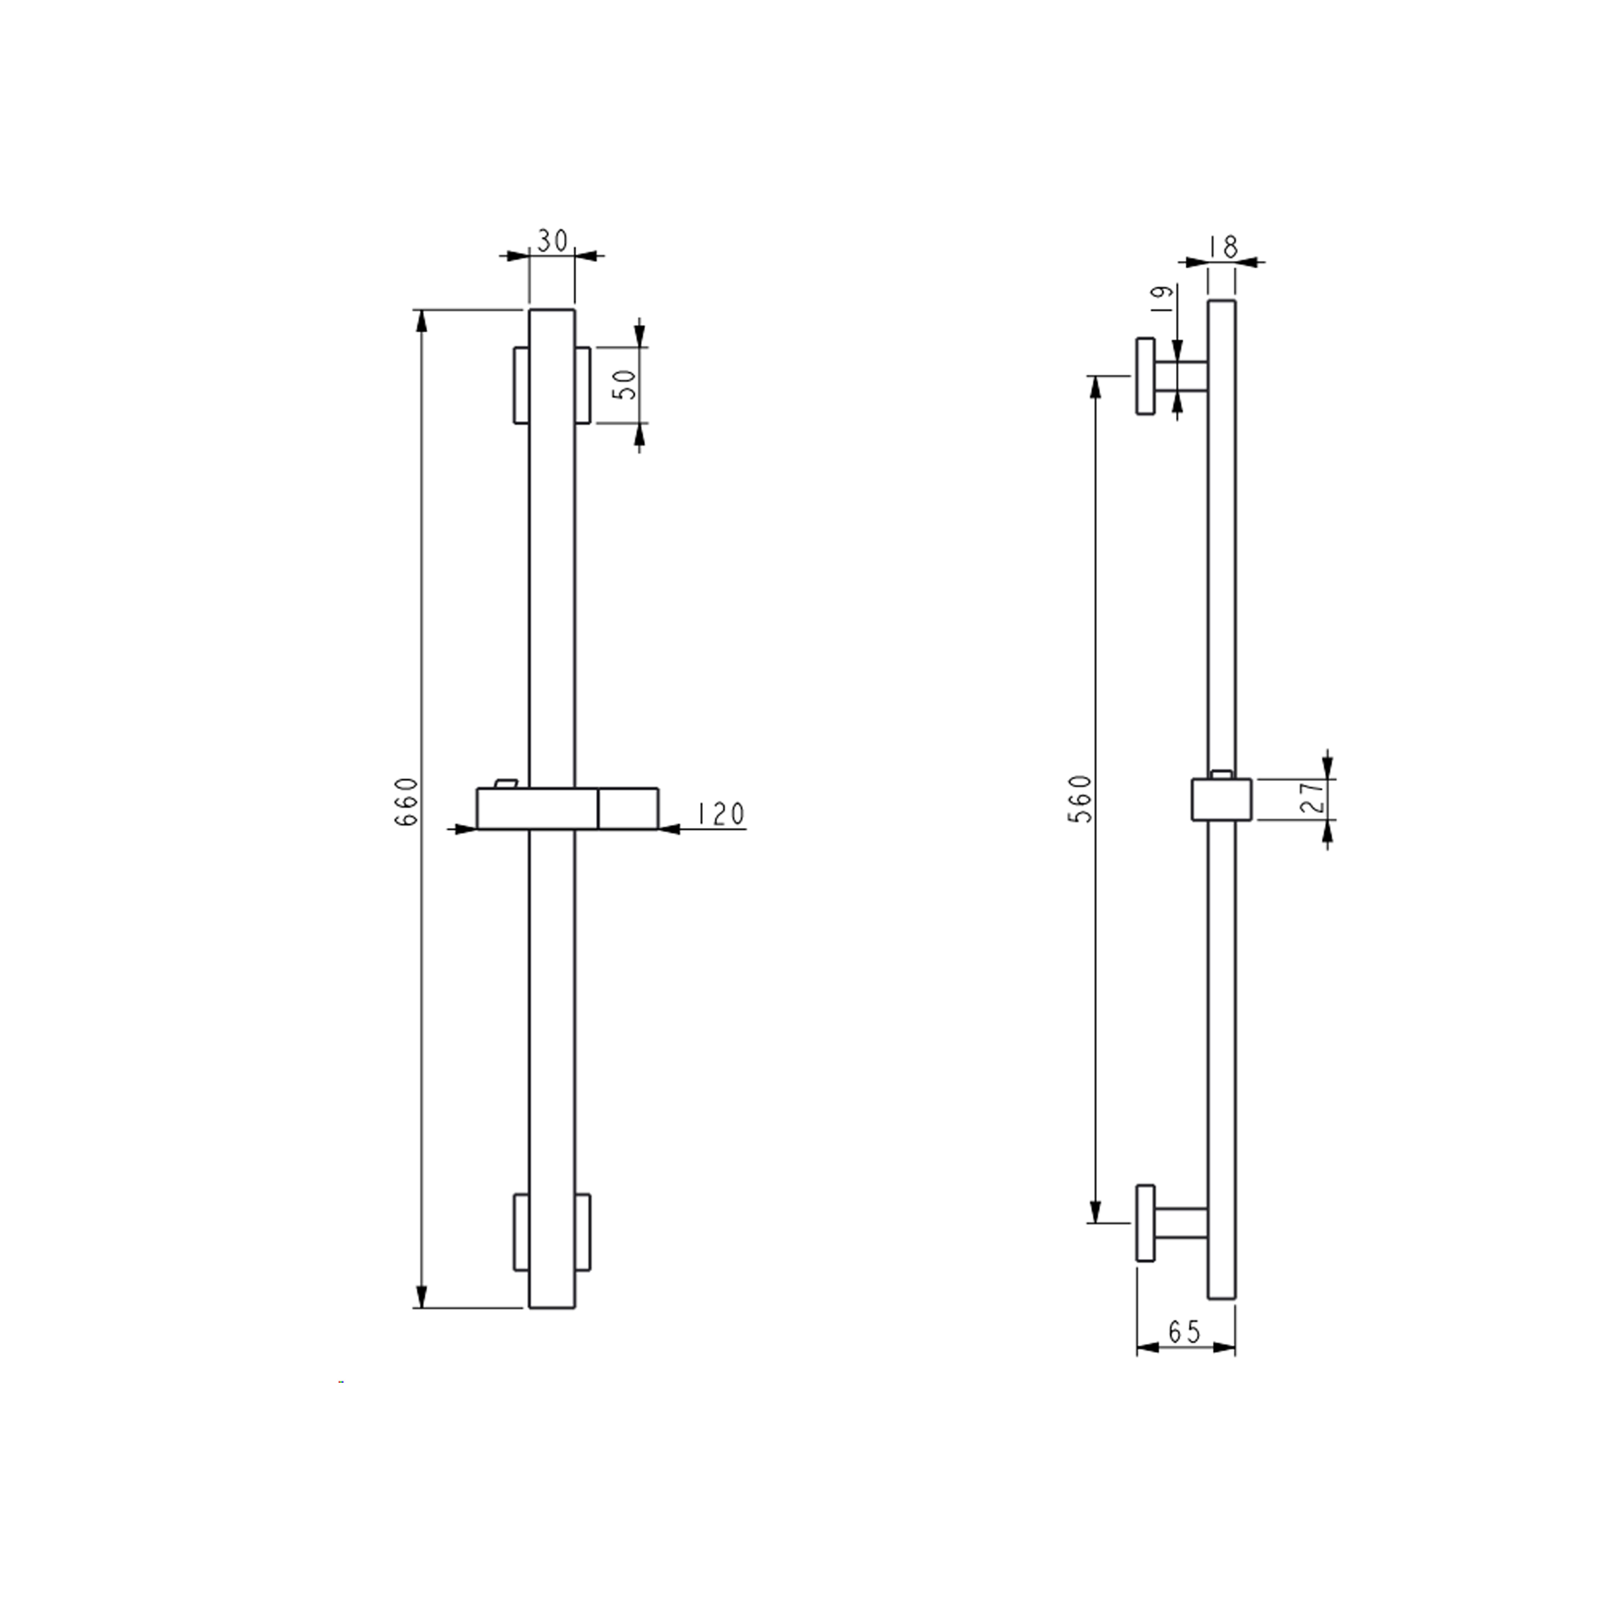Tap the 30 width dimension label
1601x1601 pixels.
coord(552,241)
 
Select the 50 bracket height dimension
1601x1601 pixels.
coord(629,385)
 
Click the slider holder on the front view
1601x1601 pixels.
coord(568,809)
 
